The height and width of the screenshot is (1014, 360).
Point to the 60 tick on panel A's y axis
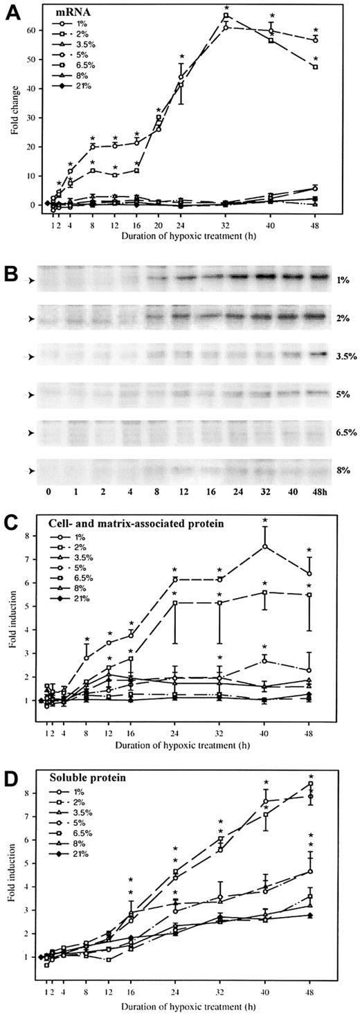click(x=36, y=30)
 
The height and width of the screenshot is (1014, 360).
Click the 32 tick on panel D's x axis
click(x=221, y=995)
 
